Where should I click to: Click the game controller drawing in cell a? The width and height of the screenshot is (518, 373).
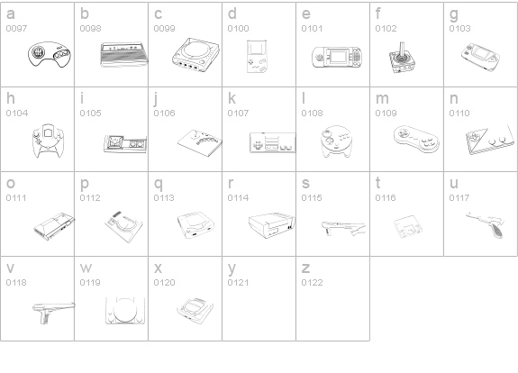(x=50, y=55)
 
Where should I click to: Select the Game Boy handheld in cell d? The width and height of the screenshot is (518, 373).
(x=257, y=56)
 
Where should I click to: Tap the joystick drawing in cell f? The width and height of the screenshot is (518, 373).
(x=402, y=59)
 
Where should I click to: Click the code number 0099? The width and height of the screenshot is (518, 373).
(x=164, y=29)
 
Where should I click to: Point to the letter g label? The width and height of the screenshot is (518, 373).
(x=454, y=14)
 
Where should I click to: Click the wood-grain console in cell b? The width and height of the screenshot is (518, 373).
(x=124, y=55)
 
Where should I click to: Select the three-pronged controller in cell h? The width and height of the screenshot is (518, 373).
(x=48, y=141)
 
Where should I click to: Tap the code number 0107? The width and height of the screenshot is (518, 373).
(x=238, y=114)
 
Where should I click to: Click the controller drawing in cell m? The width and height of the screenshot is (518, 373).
(x=416, y=139)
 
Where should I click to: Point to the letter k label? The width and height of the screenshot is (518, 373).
(x=232, y=98)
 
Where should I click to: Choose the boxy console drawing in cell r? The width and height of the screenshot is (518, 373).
(x=271, y=225)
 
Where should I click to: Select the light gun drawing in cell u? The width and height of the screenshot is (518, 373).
(x=486, y=224)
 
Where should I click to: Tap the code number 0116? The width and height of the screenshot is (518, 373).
(x=386, y=198)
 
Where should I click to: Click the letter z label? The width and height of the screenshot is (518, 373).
(x=305, y=268)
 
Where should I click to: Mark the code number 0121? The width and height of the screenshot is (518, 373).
(x=238, y=283)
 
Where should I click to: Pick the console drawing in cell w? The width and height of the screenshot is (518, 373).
(x=125, y=311)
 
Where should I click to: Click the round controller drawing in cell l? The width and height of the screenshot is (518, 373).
(x=336, y=141)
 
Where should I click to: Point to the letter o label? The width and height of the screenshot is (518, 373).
(x=11, y=184)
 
